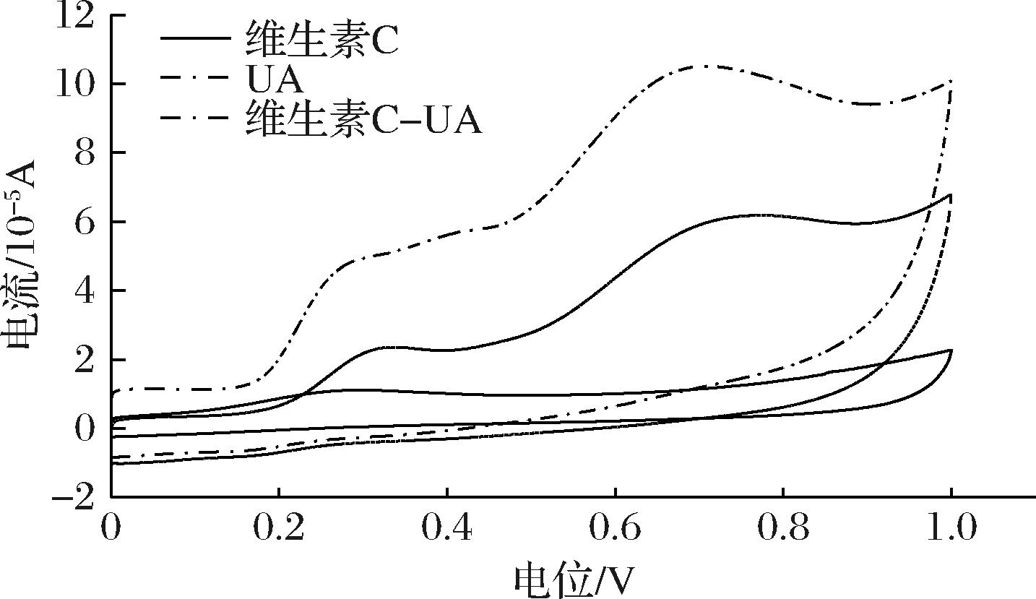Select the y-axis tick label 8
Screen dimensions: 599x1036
(85, 154)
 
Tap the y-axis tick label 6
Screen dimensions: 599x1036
(85, 223)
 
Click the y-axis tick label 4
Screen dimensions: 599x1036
(85, 291)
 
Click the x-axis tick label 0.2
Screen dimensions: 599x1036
(278, 530)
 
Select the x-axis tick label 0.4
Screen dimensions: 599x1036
(447, 530)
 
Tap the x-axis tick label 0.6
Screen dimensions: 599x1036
(615, 530)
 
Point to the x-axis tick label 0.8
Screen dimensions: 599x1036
(783, 530)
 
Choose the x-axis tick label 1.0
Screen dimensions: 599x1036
(951, 530)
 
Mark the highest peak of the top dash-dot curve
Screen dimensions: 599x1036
(704, 66)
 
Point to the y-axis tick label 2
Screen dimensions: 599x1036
(85, 360)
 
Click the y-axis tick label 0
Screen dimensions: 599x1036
(85, 428)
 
